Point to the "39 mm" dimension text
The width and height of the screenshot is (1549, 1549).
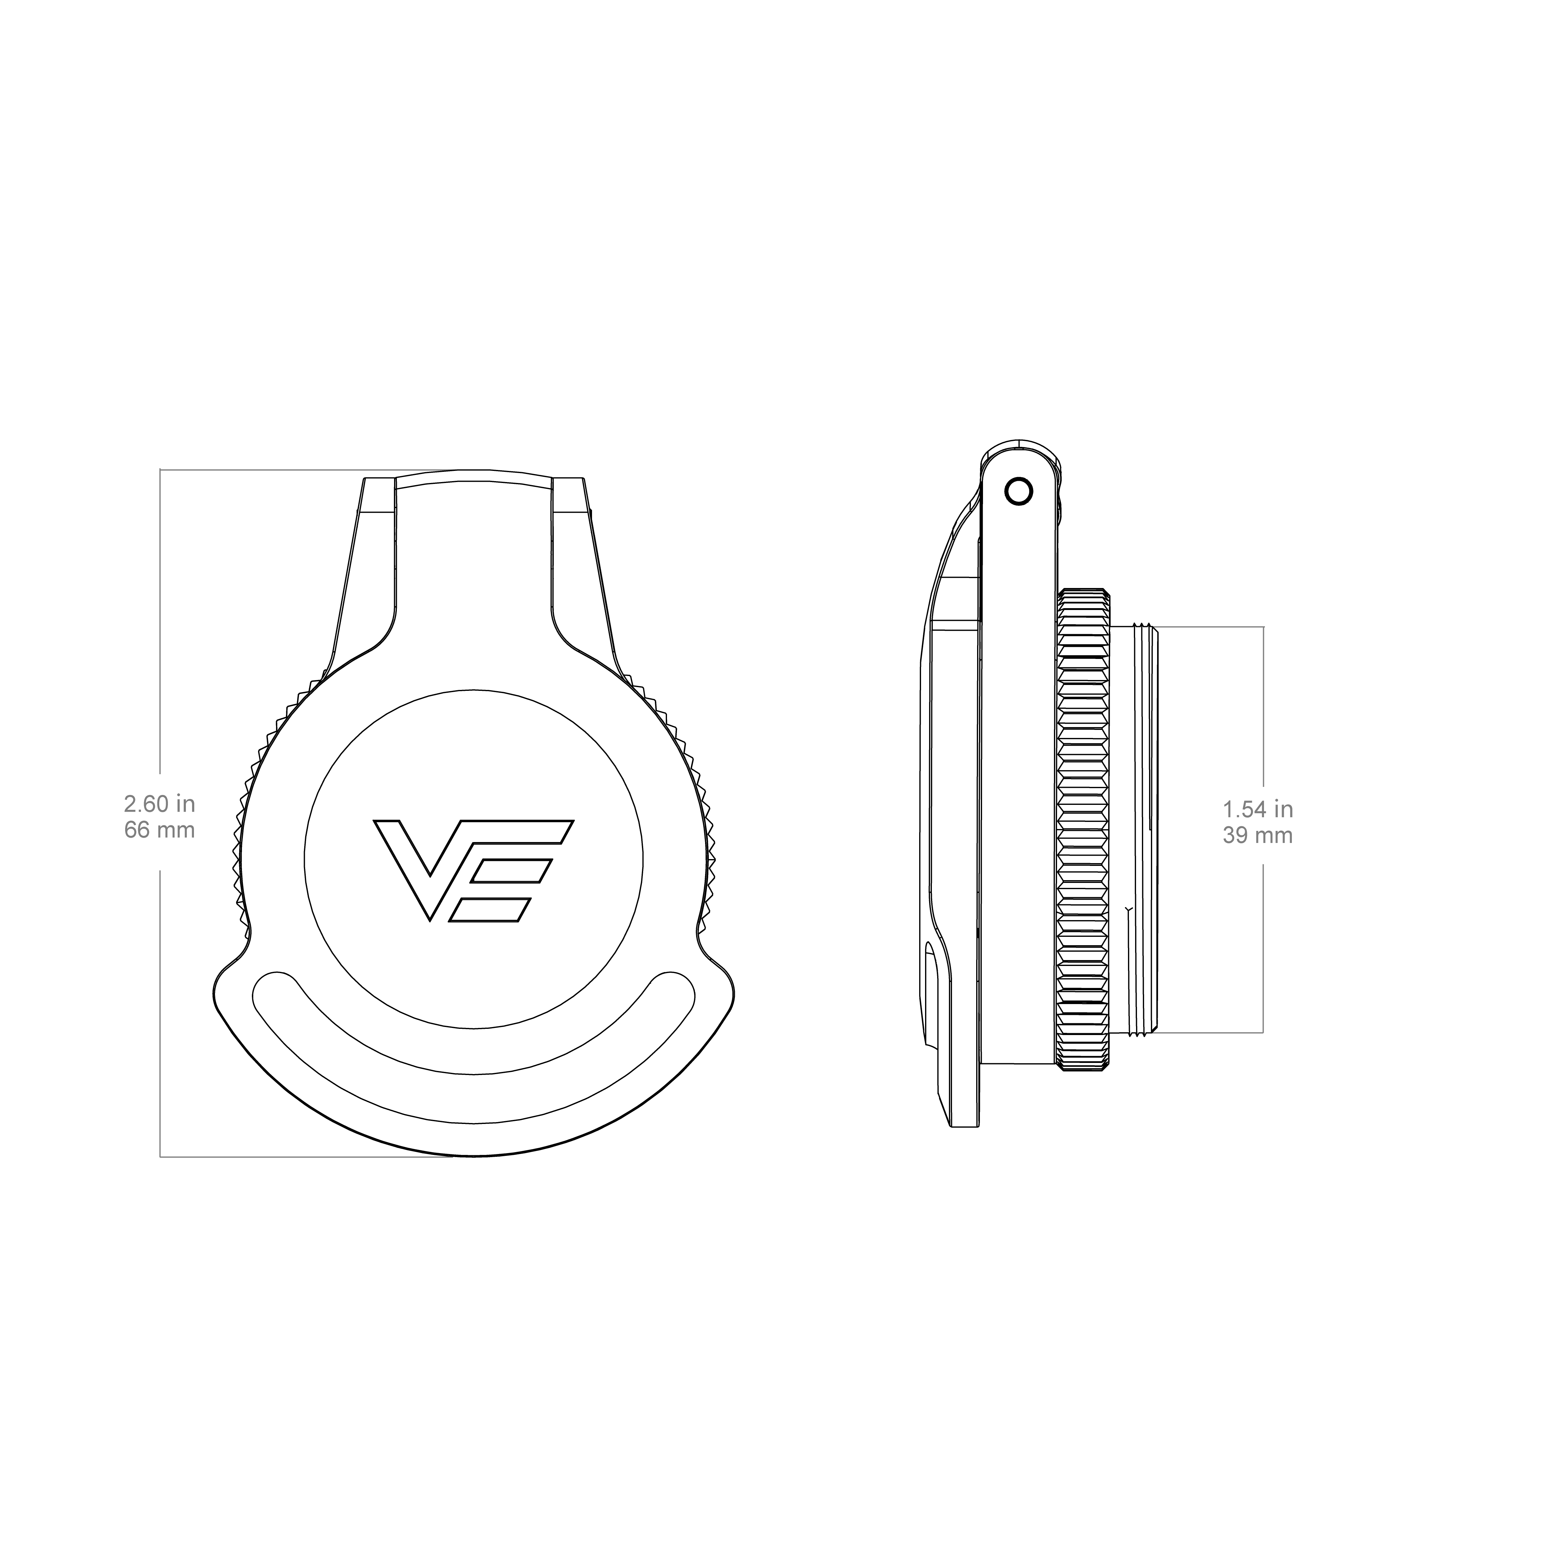point(1257,836)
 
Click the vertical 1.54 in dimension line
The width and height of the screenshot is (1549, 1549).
point(1264,829)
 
